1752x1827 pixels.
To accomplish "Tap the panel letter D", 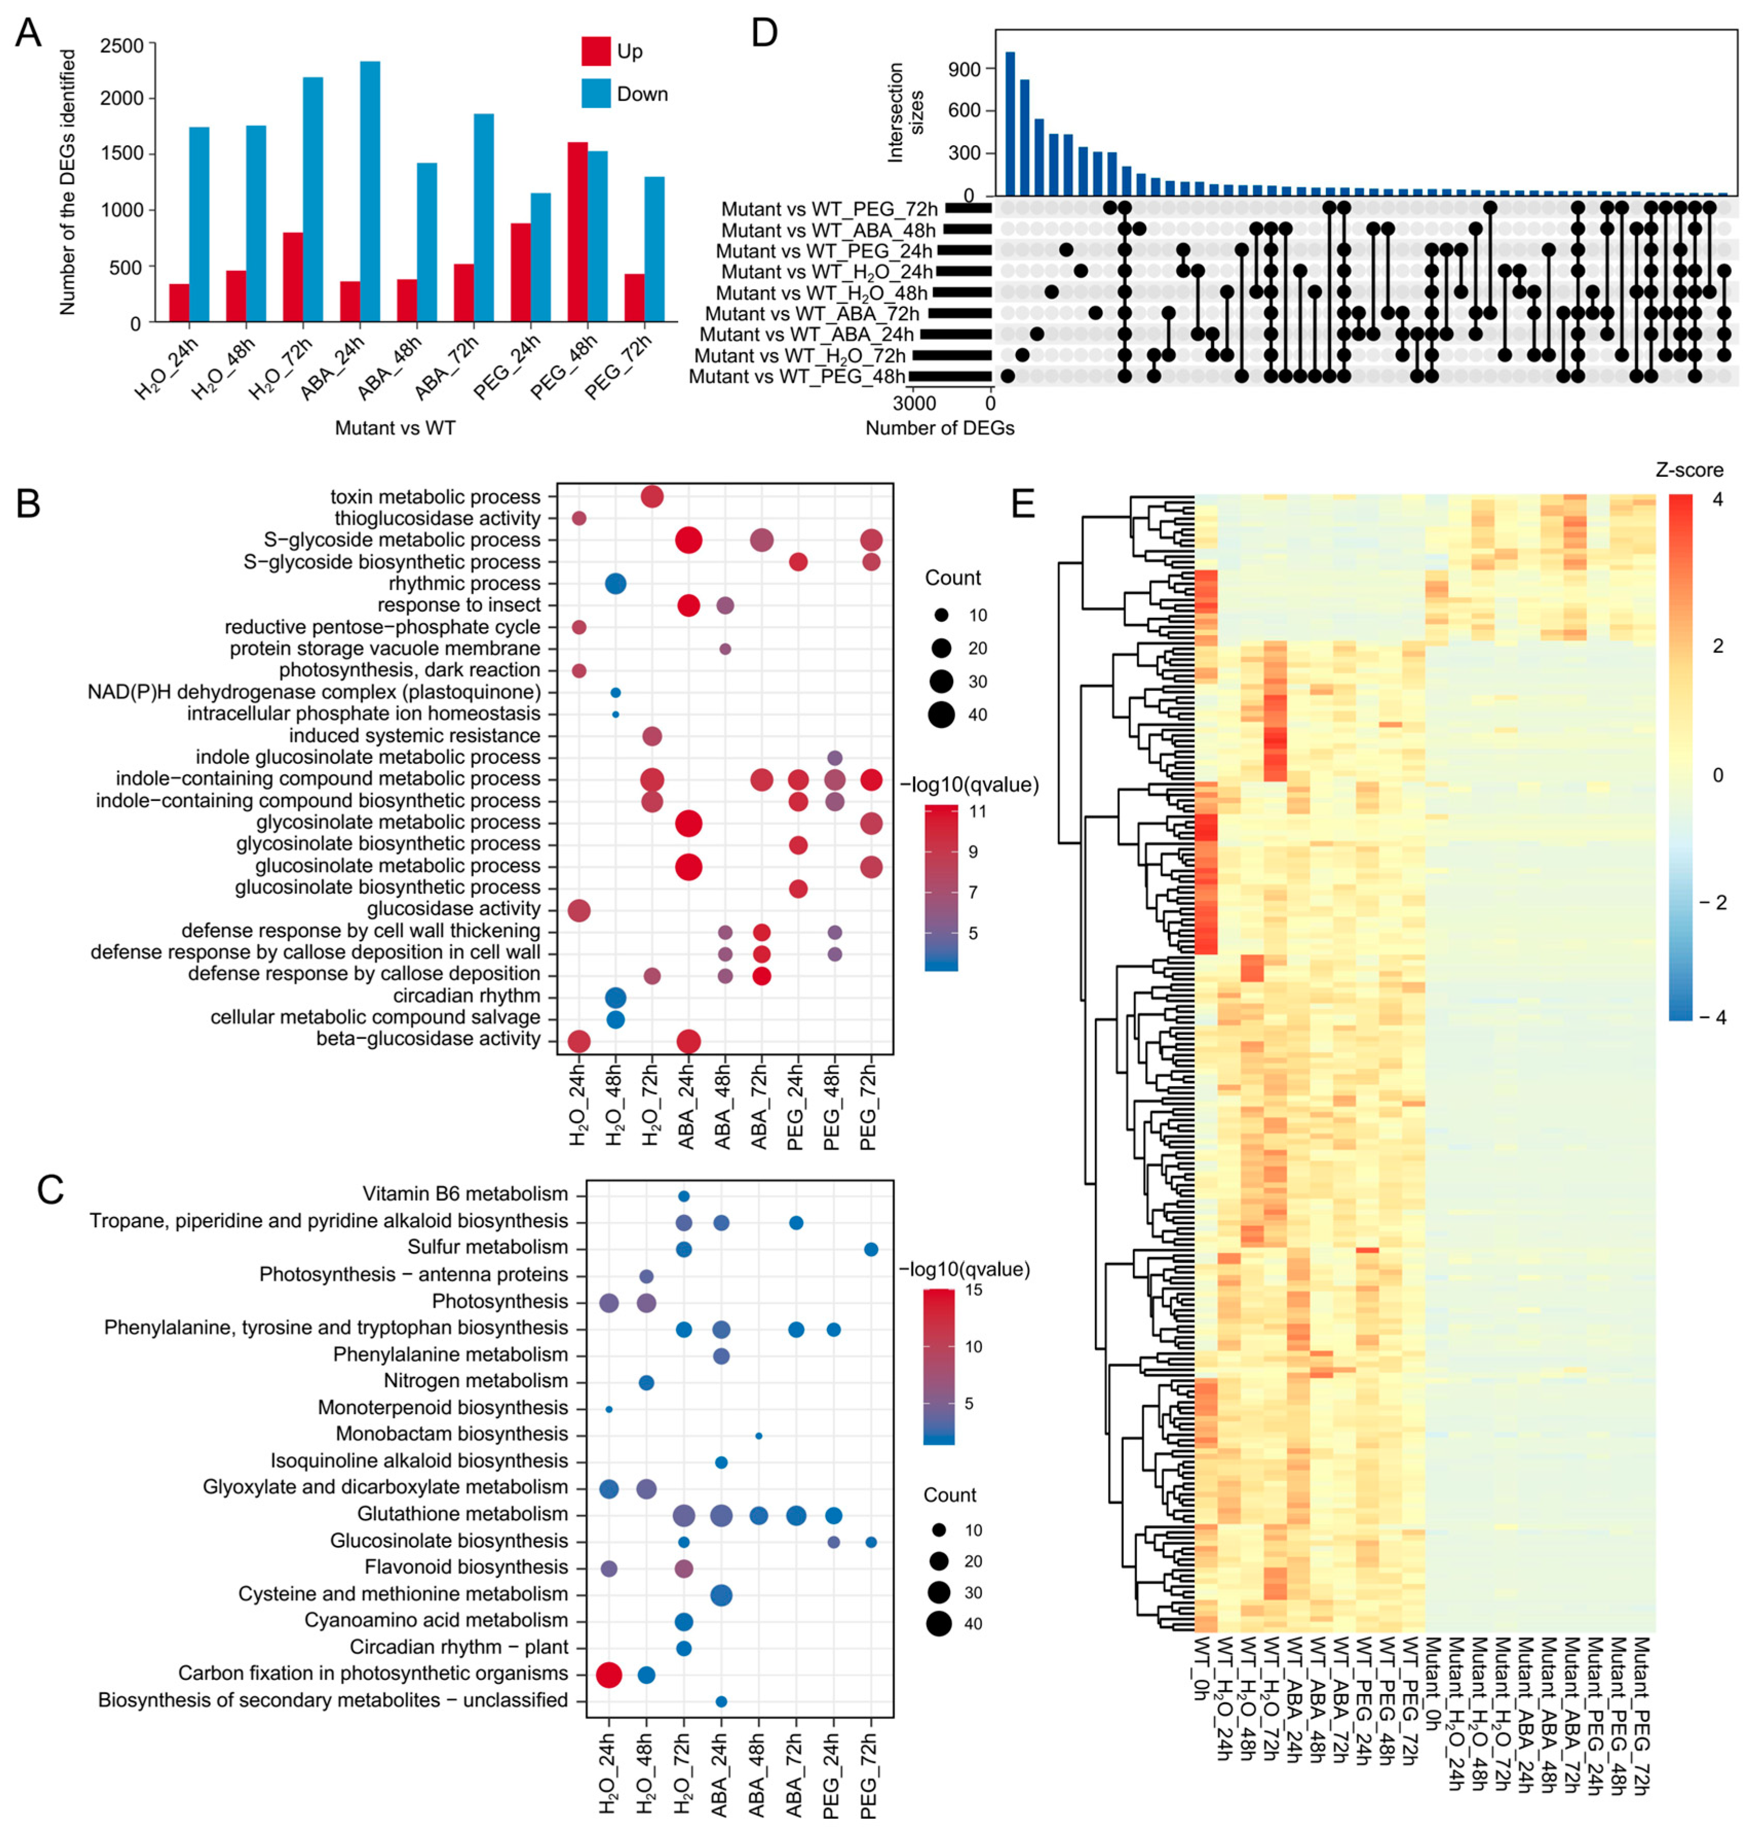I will [764, 33].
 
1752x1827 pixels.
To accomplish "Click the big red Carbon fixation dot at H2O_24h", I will [608, 1675].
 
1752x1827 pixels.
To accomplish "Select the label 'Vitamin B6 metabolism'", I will [465, 1194].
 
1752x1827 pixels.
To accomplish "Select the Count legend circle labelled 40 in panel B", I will [941, 715].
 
